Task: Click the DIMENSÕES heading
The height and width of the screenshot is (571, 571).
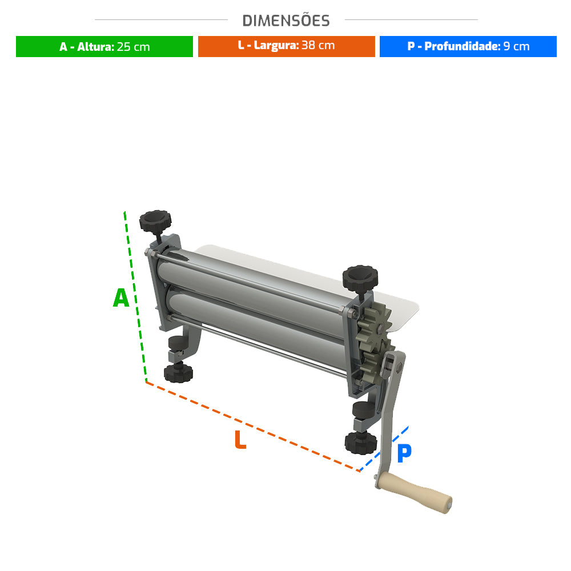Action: [x=286, y=21]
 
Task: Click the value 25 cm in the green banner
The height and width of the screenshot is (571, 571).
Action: [x=133, y=47]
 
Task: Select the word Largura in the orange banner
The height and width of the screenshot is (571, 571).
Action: [x=276, y=45]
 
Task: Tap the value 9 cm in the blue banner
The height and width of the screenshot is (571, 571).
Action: [x=516, y=46]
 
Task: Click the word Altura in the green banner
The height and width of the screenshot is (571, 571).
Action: [x=95, y=47]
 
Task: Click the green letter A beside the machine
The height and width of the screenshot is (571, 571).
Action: [x=121, y=297]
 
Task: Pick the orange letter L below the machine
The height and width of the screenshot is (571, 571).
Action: [x=240, y=439]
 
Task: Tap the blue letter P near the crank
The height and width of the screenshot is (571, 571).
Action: [x=404, y=453]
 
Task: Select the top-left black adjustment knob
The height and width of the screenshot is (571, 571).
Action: [x=155, y=220]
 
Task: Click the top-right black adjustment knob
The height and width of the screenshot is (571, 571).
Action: [x=360, y=278]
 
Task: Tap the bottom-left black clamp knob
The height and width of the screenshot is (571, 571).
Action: [x=178, y=372]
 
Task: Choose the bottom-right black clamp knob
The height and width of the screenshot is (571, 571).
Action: [x=361, y=443]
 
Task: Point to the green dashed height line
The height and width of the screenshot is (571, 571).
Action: [x=135, y=296]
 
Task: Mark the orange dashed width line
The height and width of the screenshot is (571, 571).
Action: [x=253, y=427]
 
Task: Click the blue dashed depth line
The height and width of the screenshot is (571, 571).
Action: [x=384, y=449]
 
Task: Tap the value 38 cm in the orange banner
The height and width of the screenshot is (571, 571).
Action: [x=318, y=45]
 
